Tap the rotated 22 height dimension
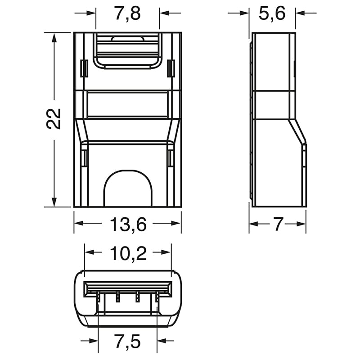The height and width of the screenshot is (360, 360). click(54, 119)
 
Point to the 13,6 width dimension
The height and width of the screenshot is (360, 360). click(127, 224)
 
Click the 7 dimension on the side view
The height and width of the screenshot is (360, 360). click(278, 224)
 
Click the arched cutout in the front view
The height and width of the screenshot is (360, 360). click(127, 189)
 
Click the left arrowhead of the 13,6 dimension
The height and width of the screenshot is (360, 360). click(78, 224)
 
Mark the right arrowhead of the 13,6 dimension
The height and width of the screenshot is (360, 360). click(177, 224)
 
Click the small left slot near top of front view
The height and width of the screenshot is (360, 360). click(83, 68)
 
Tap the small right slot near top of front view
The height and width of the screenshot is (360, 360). click(171, 68)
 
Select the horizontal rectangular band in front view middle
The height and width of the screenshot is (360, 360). click(127, 104)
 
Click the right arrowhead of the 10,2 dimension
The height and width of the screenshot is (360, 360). click(167, 252)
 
